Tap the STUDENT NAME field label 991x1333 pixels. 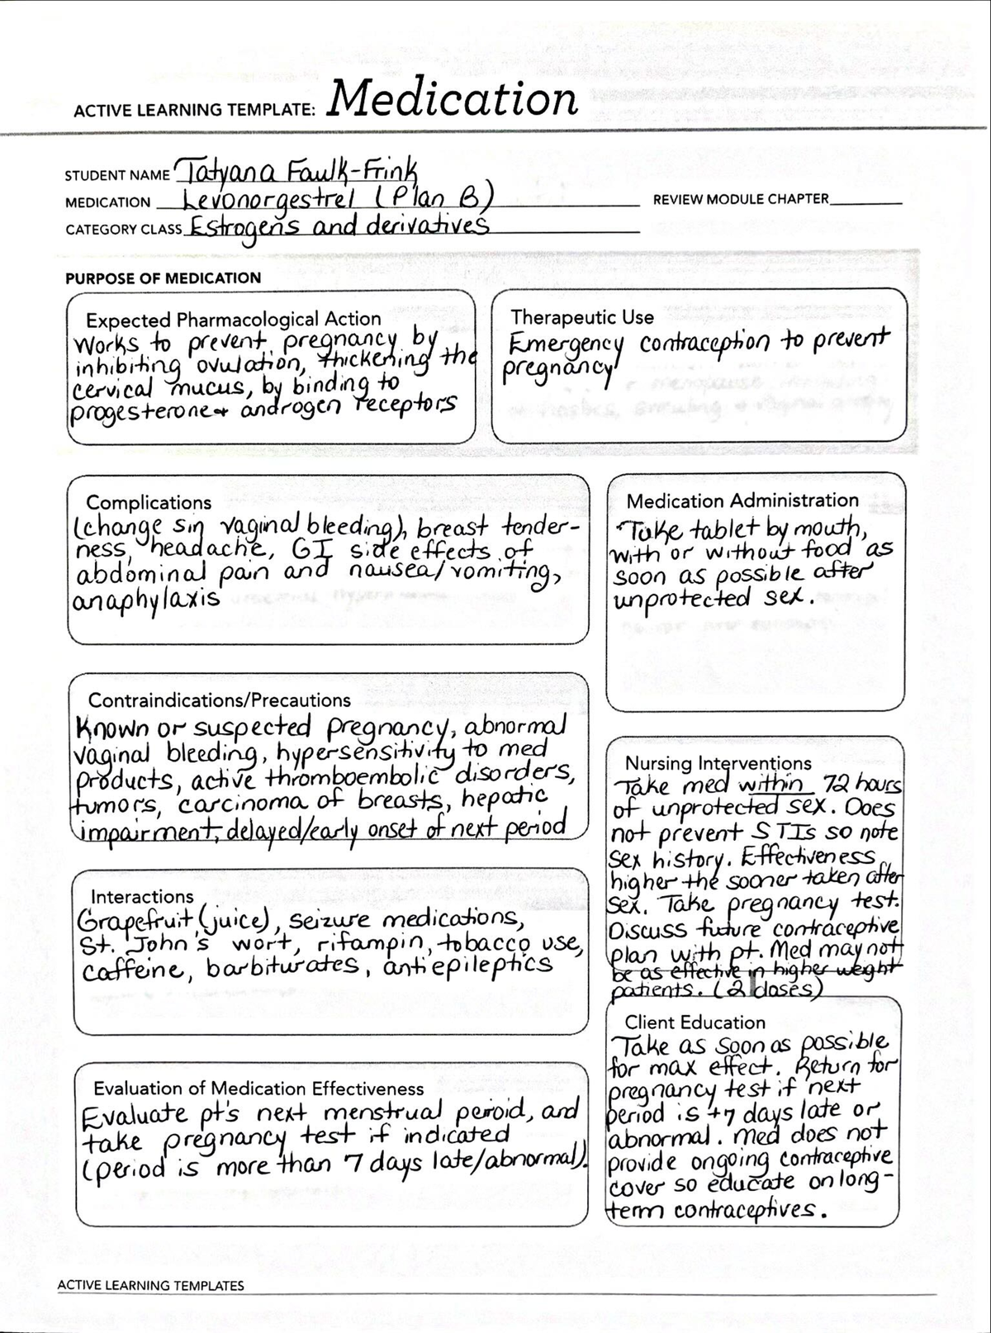click(116, 176)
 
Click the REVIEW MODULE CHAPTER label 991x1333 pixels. click(740, 199)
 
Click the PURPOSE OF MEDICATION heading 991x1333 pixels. click(163, 278)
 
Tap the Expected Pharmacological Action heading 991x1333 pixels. click(233, 320)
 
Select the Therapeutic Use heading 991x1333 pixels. click(581, 317)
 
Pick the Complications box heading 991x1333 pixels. click(149, 502)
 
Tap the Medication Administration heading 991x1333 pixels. click(742, 500)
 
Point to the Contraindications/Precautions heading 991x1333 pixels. click(219, 700)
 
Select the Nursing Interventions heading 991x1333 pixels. click(718, 763)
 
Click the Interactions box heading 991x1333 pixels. click(142, 897)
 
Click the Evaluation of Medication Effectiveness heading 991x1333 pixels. click(258, 1089)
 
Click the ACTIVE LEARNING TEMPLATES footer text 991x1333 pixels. click(151, 1285)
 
